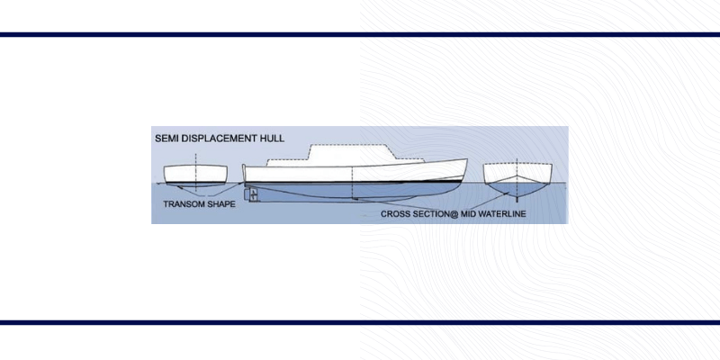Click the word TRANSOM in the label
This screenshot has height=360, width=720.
click(184, 204)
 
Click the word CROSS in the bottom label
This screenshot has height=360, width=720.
click(397, 214)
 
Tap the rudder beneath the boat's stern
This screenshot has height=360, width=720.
click(254, 194)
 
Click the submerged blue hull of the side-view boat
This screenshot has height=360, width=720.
click(360, 191)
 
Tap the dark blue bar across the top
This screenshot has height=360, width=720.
click(360, 34)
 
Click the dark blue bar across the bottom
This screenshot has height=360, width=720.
click(360, 321)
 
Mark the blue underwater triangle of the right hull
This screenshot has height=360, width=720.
click(515, 189)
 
